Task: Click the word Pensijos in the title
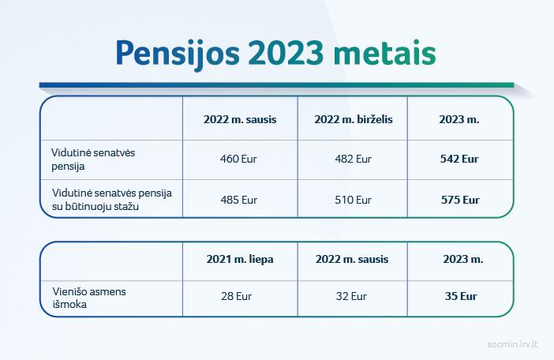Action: tap(178, 54)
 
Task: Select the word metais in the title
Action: tap(384, 53)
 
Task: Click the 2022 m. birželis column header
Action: tap(354, 119)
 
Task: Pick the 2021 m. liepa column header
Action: tap(240, 259)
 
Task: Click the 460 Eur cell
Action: tap(238, 159)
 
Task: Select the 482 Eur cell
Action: tap(354, 159)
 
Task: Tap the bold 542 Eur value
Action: tap(459, 159)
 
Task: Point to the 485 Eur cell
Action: tap(239, 200)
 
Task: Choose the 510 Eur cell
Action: tap(354, 200)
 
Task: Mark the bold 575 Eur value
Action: tap(460, 200)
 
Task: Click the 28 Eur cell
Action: tap(237, 296)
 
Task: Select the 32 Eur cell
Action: tap(351, 296)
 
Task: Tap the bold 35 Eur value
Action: tap(461, 296)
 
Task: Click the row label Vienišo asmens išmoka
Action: tap(89, 298)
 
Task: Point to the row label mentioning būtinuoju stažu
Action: tap(112, 200)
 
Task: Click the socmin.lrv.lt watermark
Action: tap(512, 344)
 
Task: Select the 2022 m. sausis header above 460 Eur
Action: tap(240, 119)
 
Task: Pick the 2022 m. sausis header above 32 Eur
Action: tap(352, 259)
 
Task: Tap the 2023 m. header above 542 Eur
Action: tap(459, 119)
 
